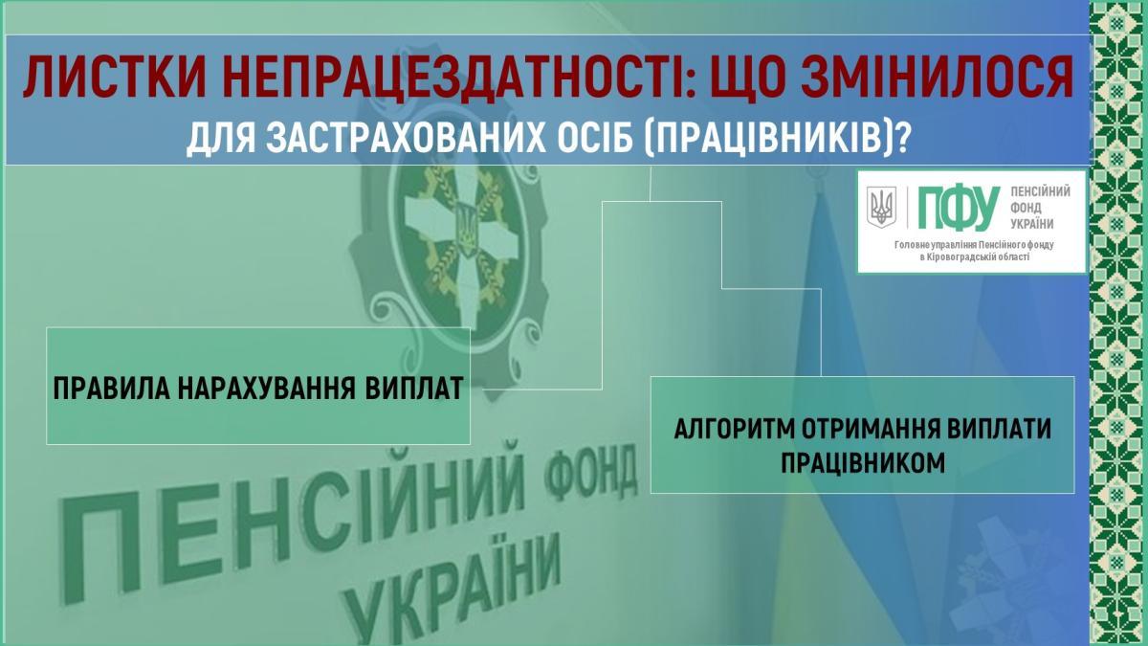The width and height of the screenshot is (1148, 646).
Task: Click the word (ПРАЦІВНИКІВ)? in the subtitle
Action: click(776, 139)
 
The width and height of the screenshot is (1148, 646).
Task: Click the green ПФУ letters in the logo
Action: click(959, 209)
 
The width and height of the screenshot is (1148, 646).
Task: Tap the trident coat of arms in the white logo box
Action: click(881, 207)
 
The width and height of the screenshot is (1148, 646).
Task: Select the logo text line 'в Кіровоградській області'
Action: click(974, 256)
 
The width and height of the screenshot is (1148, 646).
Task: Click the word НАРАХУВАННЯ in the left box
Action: click(267, 389)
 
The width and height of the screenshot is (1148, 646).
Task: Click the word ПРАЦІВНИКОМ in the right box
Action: click(863, 463)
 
